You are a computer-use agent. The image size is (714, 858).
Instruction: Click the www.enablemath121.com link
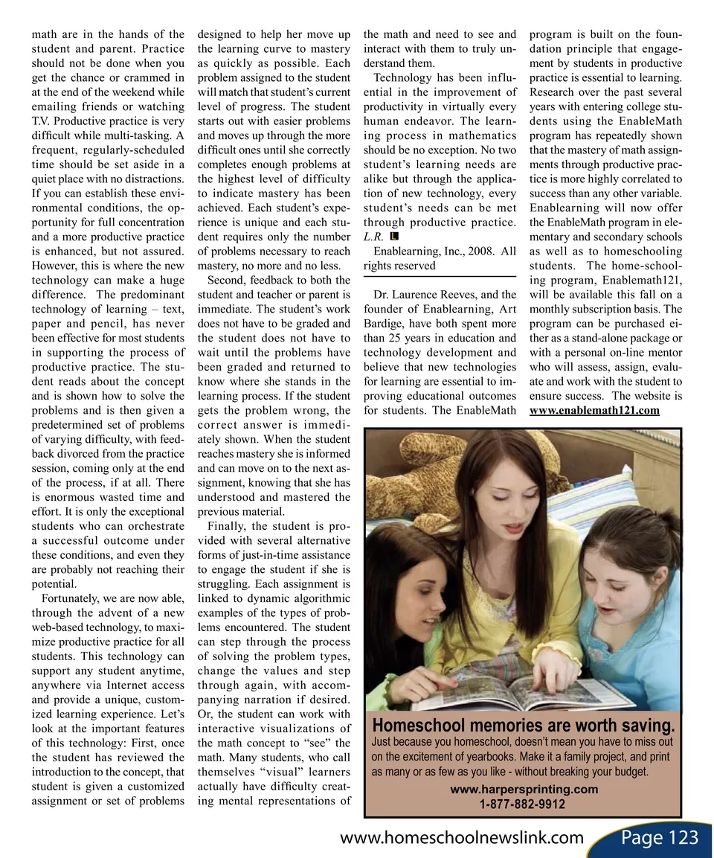point(594,412)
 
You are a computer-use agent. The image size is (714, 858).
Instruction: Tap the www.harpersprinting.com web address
point(524,789)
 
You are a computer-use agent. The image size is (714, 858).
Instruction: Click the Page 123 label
point(659,838)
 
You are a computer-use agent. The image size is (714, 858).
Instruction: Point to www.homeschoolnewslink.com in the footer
point(461,838)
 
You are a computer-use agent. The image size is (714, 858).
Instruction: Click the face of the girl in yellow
point(492,513)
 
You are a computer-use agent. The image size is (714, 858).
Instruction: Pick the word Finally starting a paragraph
point(226,526)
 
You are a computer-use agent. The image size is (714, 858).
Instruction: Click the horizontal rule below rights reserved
point(439,277)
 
